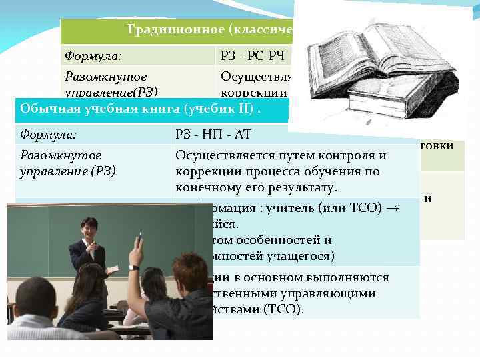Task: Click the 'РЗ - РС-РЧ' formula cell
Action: pos(252,54)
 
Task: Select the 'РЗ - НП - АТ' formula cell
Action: pos(213,135)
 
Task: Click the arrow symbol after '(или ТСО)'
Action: pos(393,207)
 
